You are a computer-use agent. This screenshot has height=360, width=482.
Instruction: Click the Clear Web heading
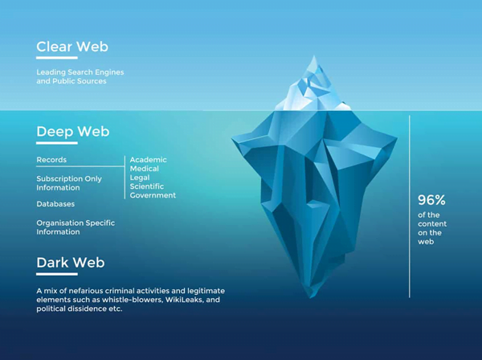click(72, 47)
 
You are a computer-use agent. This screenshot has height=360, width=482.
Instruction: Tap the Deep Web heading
click(73, 132)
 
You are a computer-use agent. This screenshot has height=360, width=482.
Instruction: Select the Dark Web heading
click(71, 263)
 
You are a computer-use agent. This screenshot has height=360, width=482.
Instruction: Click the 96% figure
click(431, 200)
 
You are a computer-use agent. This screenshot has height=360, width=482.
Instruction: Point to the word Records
click(51, 160)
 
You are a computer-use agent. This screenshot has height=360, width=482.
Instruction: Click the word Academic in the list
click(148, 160)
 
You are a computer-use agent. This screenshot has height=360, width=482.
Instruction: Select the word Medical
click(144, 169)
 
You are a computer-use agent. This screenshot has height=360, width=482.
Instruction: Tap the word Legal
click(140, 178)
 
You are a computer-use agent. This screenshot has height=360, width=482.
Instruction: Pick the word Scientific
click(147, 186)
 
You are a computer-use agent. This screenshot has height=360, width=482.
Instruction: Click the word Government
click(153, 195)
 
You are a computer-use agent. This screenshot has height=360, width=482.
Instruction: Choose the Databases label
click(55, 204)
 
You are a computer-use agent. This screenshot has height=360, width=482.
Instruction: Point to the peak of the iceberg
click(314, 56)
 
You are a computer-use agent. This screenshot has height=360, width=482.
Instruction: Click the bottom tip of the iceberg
click(311, 297)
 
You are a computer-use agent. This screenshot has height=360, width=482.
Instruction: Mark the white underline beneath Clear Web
click(57, 58)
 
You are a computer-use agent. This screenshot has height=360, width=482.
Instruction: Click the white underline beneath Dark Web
click(57, 274)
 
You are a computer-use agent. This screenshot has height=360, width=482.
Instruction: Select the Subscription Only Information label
click(69, 183)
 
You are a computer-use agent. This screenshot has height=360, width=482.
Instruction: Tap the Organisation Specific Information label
click(76, 227)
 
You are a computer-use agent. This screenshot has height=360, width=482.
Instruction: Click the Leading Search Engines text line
click(80, 72)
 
